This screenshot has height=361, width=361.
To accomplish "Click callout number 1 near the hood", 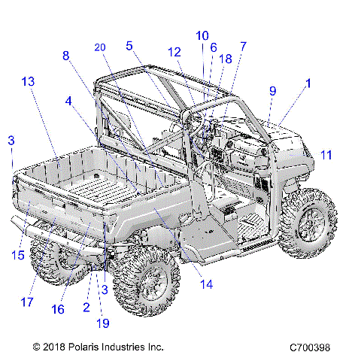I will tap(307, 85).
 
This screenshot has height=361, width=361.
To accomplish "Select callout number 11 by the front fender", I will tap(326, 155).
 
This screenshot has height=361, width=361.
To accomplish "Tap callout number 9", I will tap(272, 91).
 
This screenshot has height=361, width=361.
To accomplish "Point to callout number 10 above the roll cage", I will tap(202, 35).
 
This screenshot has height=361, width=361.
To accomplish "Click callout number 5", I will tap(129, 46).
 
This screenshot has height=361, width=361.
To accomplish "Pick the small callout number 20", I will tap(100, 47).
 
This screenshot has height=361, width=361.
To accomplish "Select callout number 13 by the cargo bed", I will tap(28, 80).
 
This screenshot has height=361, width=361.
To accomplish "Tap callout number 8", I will tap(65, 56).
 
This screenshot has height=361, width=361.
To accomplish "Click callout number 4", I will tap(69, 100).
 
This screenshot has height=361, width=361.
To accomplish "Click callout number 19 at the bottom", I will tap(102, 323).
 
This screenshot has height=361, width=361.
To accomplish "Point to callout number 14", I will tap(206, 284).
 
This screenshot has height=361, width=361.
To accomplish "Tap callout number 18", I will tap(226, 59).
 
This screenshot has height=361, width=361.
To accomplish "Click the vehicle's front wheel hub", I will tap(311, 219).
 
